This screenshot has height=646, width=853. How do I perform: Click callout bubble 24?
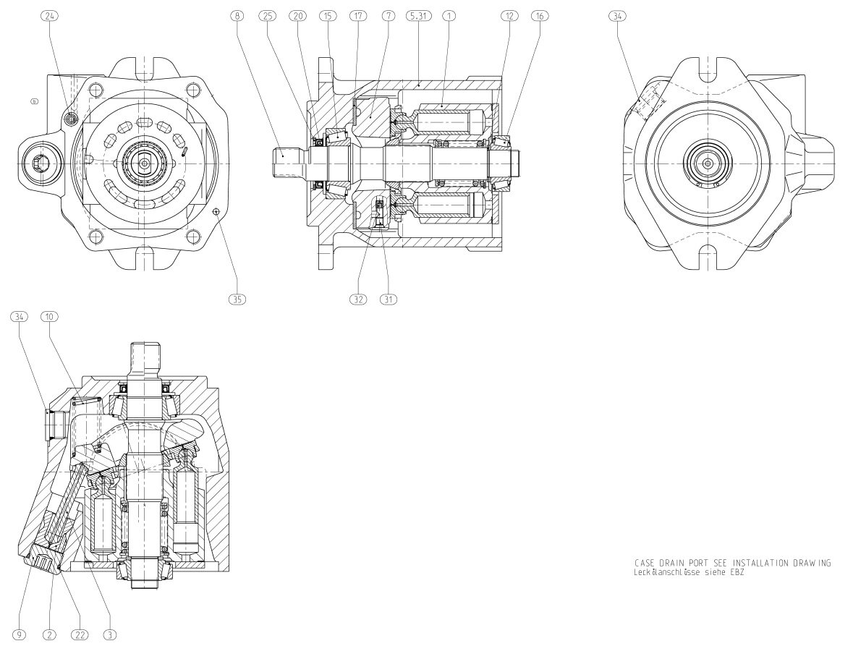(49, 16)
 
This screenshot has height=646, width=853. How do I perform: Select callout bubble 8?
(237, 16)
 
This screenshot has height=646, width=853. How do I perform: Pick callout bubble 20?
(297, 16)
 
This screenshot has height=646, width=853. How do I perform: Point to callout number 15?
(328, 16)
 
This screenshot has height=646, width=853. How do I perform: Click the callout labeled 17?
(357, 16)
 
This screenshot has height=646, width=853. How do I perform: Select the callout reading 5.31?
(419, 16)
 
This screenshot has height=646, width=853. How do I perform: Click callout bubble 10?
(49, 317)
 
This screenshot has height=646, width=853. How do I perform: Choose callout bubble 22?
(79, 635)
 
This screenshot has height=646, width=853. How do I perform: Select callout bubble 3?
(110, 635)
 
